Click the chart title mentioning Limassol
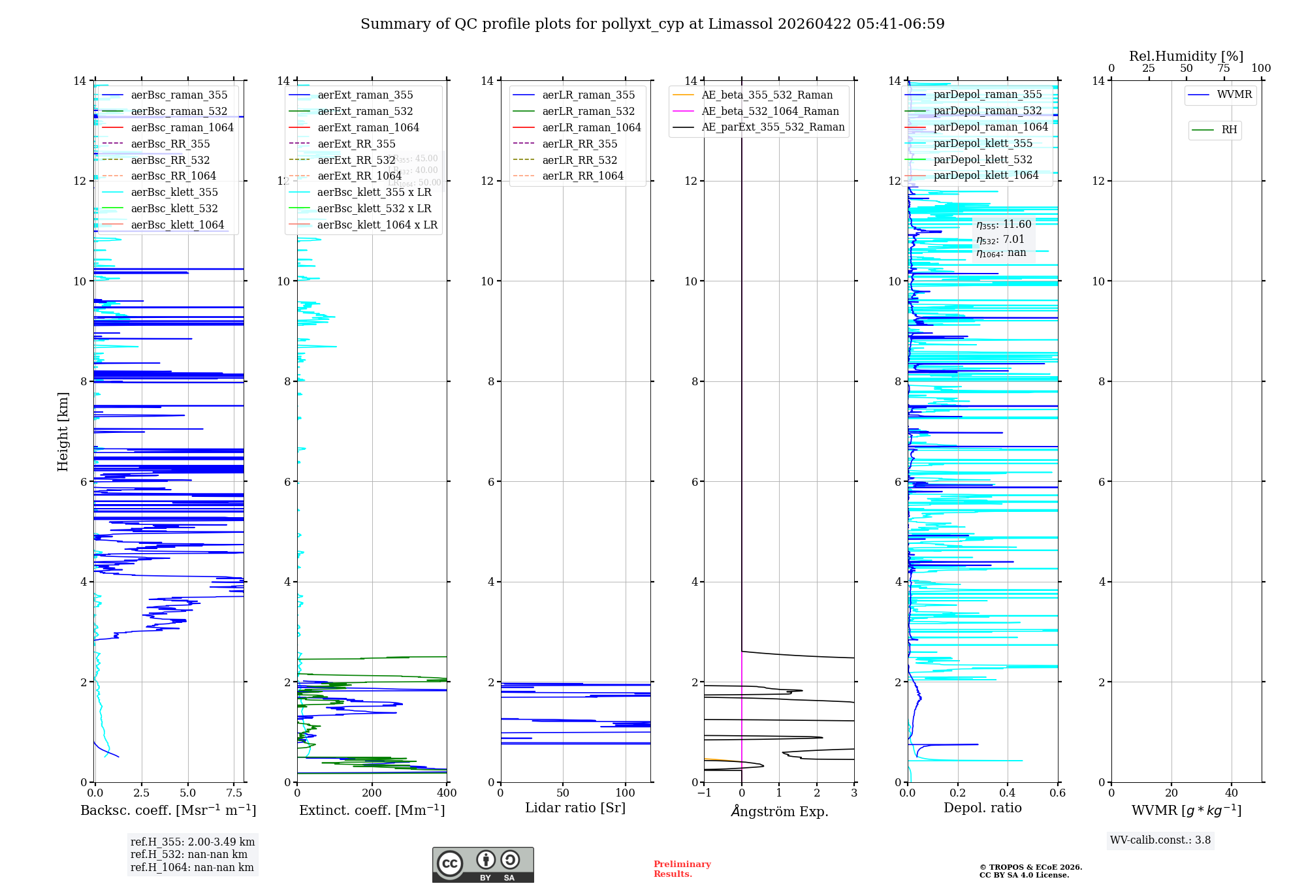click(x=652, y=24)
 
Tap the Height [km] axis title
click(x=63, y=431)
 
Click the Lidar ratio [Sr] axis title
click(x=575, y=808)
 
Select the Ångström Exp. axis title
click(x=779, y=811)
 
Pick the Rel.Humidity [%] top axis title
click(x=1186, y=56)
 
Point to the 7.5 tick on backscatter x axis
click(x=234, y=793)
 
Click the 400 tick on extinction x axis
click(x=447, y=793)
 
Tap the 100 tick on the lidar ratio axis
click(x=625, y=793)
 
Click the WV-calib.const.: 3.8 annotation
click(x=1160, y=840)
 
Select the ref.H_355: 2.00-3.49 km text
click(x=193, y=842)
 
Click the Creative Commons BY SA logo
click(x=483, y=865)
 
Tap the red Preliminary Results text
click(x=682, y=869)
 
